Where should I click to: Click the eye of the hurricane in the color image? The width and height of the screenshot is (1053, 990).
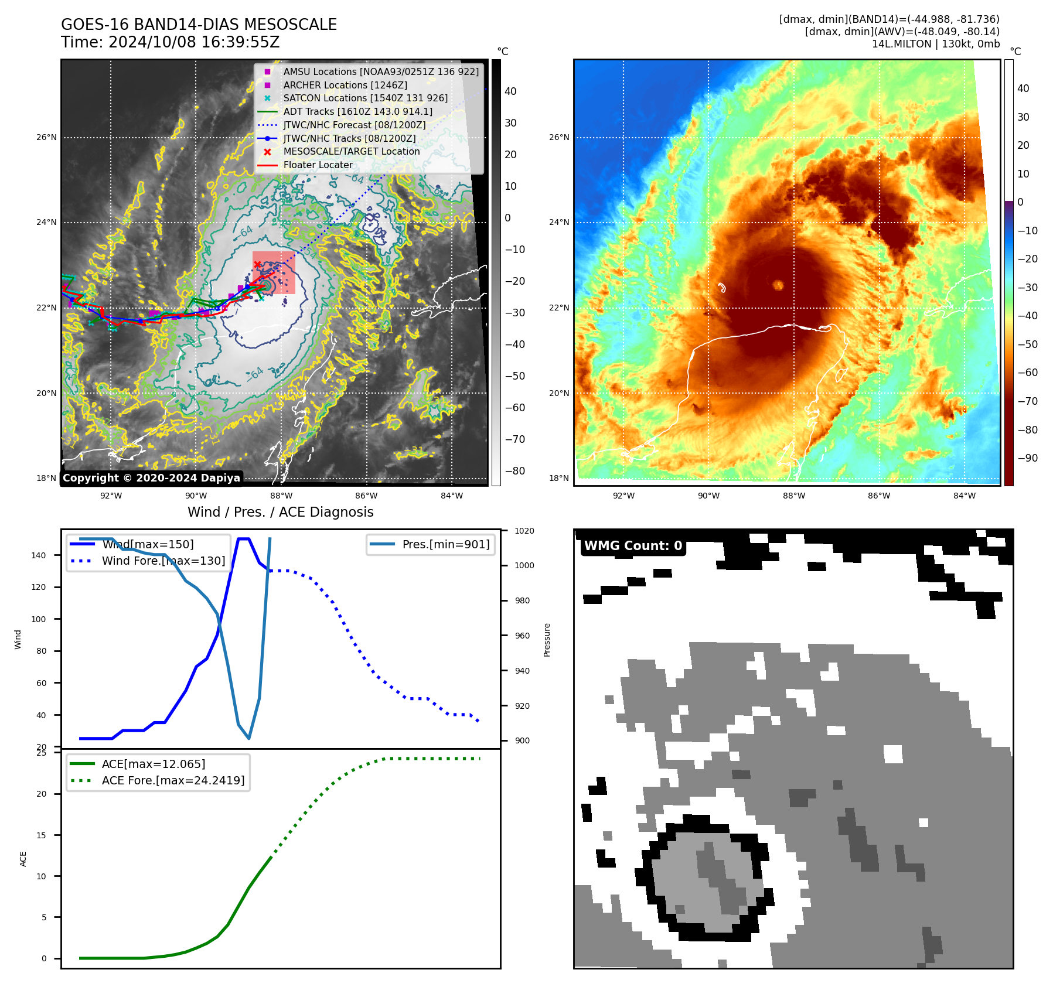tap(778, 285)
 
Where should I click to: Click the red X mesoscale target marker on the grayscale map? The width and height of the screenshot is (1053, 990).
tap(257, 265)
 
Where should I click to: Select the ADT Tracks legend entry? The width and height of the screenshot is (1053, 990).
tap(357, 111)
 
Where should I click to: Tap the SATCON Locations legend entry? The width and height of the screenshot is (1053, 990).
tap(365, 98)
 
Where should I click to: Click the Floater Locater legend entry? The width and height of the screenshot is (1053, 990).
tap(318, 165)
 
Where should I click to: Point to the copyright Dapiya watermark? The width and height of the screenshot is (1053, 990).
tap(151, 478)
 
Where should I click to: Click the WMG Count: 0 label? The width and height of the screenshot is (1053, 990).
tap(633, 546)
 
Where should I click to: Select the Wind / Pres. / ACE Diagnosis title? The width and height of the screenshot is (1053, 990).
tap(280, 512)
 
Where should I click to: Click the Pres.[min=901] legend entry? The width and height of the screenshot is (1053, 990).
tap(445, 544)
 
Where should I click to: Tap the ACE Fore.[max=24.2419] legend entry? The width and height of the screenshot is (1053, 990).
tap(173, 780)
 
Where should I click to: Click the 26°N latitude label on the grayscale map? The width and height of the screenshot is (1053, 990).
tap(47, 138)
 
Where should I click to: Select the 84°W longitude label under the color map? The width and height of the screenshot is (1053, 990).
tap(965, 496)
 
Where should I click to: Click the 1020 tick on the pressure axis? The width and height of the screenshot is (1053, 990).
tap(524, 531)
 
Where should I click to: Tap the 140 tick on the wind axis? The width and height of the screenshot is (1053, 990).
tap(39, 555)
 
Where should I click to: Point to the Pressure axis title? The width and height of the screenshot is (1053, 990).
tap(547, 640)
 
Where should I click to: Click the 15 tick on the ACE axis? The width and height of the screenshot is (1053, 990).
tap(41, 835)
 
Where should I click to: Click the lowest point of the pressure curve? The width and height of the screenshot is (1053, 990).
tap(249, 738)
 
